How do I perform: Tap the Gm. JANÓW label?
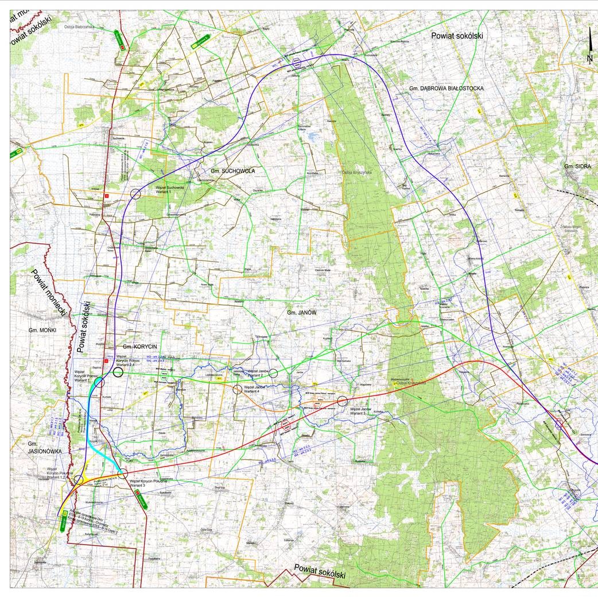[302, 312]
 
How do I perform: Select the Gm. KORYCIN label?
[136, 347]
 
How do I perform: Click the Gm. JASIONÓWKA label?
[41, 448]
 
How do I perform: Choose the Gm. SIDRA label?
[577, 166]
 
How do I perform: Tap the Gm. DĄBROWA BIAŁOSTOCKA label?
[446, 88]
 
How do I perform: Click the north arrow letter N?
[589, 59]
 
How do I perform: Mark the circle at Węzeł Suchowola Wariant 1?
[135, 194]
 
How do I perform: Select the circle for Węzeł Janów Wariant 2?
[273, 373]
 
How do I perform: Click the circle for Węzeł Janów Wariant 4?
[237, 390]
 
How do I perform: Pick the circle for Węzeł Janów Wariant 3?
[343, 401]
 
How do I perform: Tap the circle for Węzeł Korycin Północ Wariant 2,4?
[118, 372]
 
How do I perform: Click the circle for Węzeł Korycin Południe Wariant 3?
[122, 473]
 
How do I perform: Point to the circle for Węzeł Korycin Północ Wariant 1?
[99, 382]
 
